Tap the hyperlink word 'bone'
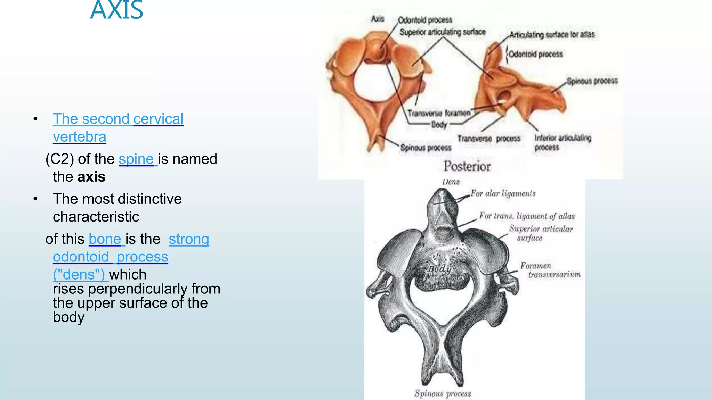pyautogui.click(x=105, y=239)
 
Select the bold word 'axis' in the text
pyautogui.click(x=91, y=177)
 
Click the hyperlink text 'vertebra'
pyautogui.click(x=79, y=137)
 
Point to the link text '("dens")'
pyautogui.click(x=79, y=274)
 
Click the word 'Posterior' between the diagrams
pyautogui.click(x=467, y=166)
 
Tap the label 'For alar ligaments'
pyautogui.click(x=503, y=193)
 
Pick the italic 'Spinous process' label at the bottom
pyautogui.click(x=443, y=393)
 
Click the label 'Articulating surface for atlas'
pyautogui.click(x=552, y=34)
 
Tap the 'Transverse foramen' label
pyautogui.click(x=439, y=113)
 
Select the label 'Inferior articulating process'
pyautogui.click(x=563, y=142)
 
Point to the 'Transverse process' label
pyautogui.click(x=489, y=139)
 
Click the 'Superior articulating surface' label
pyautogui.click(x=442, y=32)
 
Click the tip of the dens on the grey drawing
pyautogui.click(x=441, y=191)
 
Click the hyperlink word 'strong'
pyautogui.click(x=189, y=239)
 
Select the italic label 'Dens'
pyautogui.click(x=451, y=182)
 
